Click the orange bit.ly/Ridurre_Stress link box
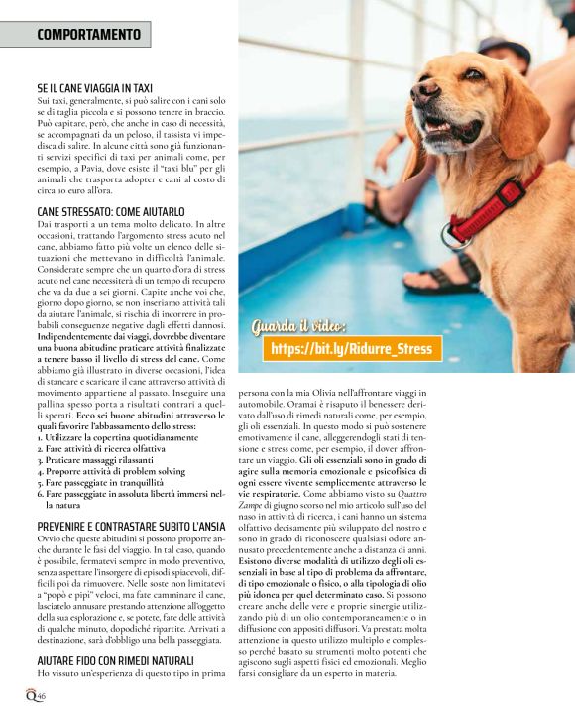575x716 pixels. coord(351,349)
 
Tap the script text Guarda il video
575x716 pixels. coord(298,326)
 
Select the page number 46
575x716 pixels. coord(43,695)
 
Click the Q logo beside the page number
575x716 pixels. coord(32,694)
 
